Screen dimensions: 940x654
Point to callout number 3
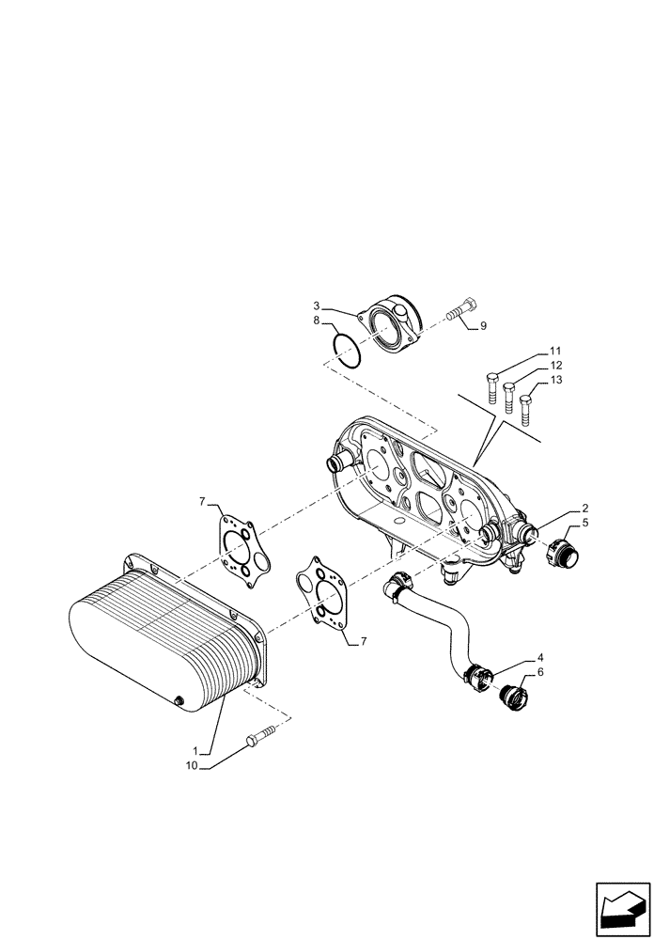click(x=318, y=306)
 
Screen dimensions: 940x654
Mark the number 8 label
click(x=318, y=321)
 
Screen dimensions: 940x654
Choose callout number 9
click(x=483, y=326)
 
